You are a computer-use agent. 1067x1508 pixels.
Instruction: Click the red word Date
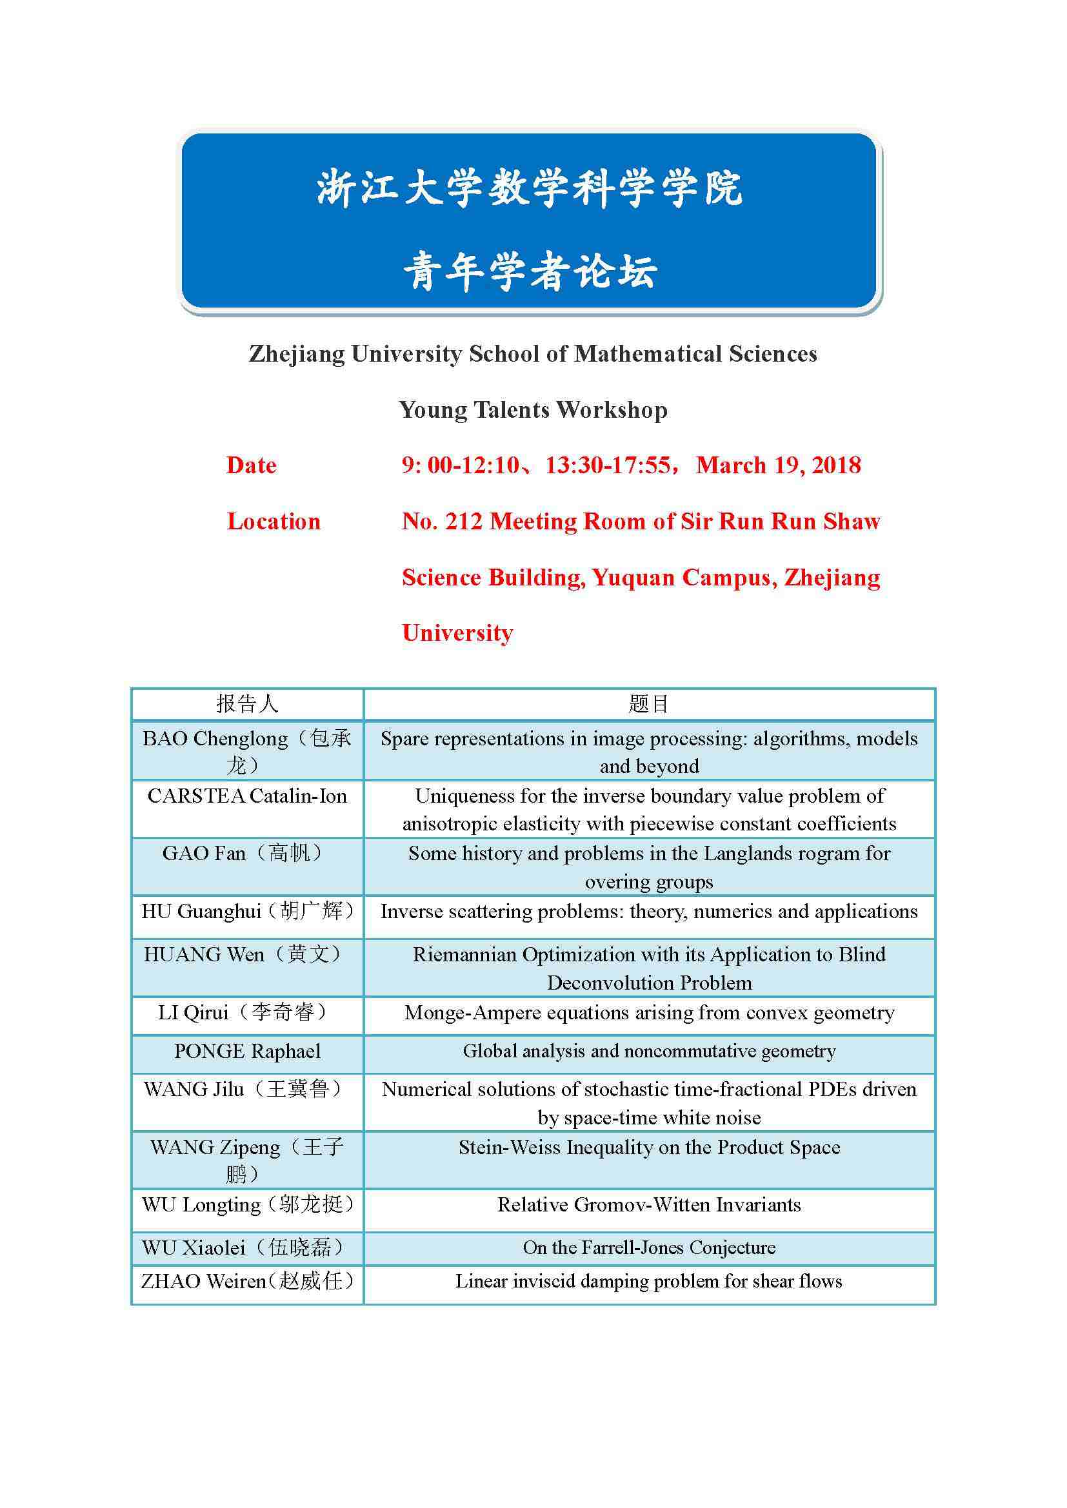(x=251, y=465)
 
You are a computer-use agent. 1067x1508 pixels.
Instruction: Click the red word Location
(x=274, y=522)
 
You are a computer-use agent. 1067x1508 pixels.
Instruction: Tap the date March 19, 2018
(x=778, y=465)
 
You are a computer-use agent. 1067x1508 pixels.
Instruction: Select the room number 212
(x=464, y=522)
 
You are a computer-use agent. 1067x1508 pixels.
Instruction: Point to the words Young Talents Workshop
(x=533, y=410)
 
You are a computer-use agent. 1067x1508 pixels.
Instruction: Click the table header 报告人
(x=247, y=704)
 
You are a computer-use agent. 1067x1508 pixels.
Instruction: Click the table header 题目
(x=648, y=704)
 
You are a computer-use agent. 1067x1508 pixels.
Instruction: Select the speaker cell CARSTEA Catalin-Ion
(x=247, y=796)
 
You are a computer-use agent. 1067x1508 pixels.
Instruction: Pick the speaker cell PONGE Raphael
(x=247, y=1051)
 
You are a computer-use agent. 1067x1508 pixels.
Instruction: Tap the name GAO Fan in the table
(x=204, y=853)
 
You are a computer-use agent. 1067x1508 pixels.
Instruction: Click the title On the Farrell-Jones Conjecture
(x=648, y=1248)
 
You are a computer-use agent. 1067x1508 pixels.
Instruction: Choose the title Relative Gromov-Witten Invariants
(x=648, y=1204)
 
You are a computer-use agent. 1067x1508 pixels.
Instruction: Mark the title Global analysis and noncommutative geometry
(x=648, y=1051)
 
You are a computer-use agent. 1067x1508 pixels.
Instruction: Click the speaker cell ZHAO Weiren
(x=247, y=1281)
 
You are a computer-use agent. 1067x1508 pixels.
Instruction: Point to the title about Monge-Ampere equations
(x=648, y=1013)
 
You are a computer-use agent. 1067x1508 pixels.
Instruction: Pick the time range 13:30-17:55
(x=608, y=465)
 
